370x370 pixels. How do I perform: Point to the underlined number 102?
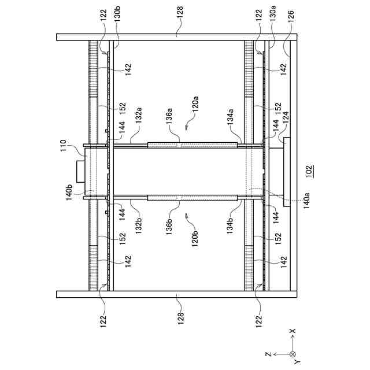[309, 171]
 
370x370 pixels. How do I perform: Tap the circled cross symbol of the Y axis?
[293, 354]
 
